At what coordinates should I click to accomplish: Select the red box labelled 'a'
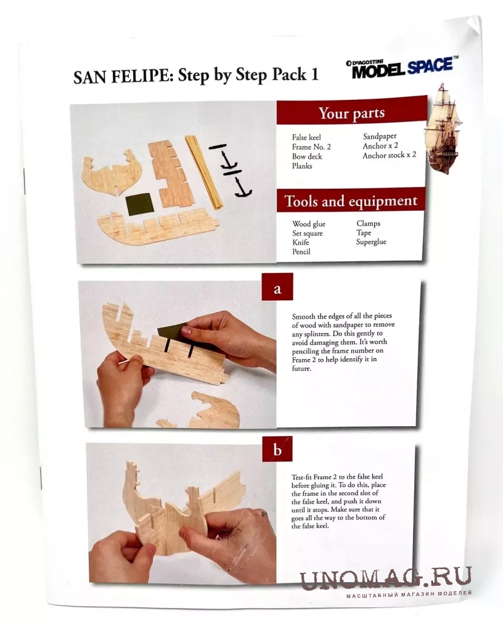(x=277, y=287)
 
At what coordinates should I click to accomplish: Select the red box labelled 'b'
(x=277, y=449)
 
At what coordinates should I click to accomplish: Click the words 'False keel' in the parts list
(x=306, y=137)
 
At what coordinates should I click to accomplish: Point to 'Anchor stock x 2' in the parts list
(x=389, y=155)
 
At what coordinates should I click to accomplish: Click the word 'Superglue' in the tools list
(x=371, y=242)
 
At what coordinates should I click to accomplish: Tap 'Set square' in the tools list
(x=307, y=234)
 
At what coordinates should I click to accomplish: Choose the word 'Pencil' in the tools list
(x=301, y=252)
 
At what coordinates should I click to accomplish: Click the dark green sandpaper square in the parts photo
(x=139, y=204)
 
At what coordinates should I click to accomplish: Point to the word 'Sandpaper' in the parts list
(x=380, y=136)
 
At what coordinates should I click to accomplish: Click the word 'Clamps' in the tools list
(x=368, y=223)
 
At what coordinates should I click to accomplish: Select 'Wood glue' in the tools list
(x=309, y=224)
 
